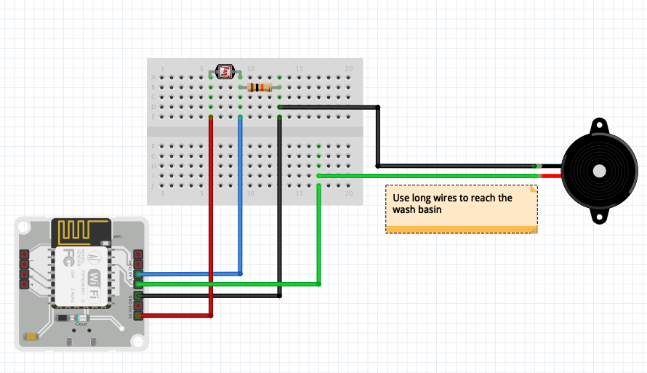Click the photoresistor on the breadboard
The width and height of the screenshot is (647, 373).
[x=225, y=71]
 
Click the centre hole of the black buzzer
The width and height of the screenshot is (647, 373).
[x=599, y=169]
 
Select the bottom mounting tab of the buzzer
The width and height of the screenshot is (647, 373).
[x=599, y=215]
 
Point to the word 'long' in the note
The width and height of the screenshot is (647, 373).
[x=422, y=198]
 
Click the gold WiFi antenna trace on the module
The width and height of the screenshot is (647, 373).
[x=81, y=231]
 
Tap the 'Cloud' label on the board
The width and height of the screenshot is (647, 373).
[x=81, y=324]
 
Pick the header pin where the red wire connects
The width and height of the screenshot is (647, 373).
[x=138, y=316]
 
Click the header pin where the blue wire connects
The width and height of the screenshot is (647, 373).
[x=138, y=274]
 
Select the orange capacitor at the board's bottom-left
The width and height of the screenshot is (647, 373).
[x=31, y=336]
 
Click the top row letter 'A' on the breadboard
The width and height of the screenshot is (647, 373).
[x=153, y=77]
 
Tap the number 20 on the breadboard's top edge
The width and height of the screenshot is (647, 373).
[x=349, y=68]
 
